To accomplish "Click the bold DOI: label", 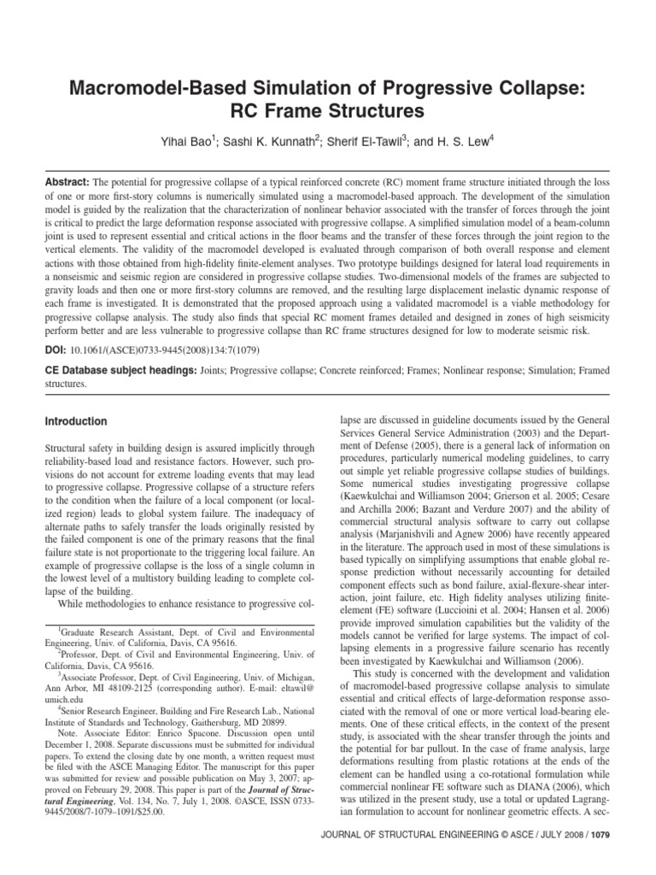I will coord(56,350).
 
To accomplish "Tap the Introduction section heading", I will coord(75,421).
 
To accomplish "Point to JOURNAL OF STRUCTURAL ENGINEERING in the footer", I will coord(426,857).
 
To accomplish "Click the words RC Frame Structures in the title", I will coord(327,113).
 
